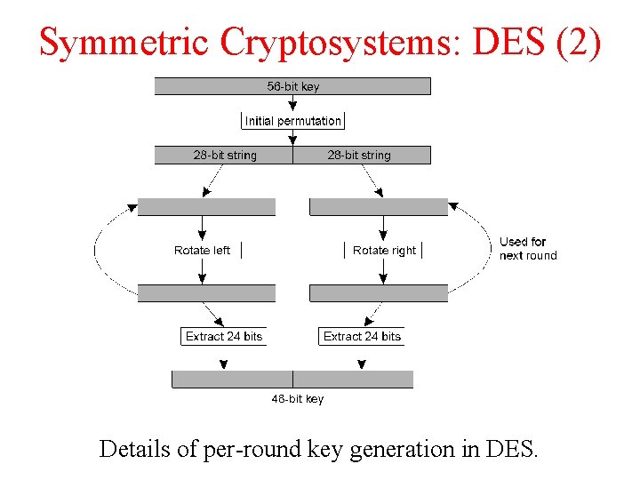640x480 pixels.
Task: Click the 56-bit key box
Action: pos(292,86)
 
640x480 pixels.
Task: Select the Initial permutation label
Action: pos(292,121)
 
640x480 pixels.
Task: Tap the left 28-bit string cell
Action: pos(224,156)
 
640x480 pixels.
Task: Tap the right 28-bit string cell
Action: pos(359,156)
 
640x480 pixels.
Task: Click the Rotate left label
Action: pos(202,251)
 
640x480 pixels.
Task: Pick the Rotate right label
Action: pos(384,251)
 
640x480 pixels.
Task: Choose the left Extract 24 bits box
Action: pos(224,337)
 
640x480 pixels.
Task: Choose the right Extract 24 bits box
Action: pos(362,337)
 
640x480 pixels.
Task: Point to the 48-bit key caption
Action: pos(298,399)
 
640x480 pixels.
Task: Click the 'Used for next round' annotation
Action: pos(527,249)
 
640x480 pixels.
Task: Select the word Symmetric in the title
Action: pos(124,42)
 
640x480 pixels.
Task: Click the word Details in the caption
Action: pos(134,449)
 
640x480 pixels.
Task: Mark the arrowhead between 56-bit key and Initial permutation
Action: pos(292,106)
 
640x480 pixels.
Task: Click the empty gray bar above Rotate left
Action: pos(206,207)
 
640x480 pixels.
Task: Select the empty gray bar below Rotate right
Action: pos(378,293)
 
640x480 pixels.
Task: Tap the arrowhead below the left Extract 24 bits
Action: pos(224,364)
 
